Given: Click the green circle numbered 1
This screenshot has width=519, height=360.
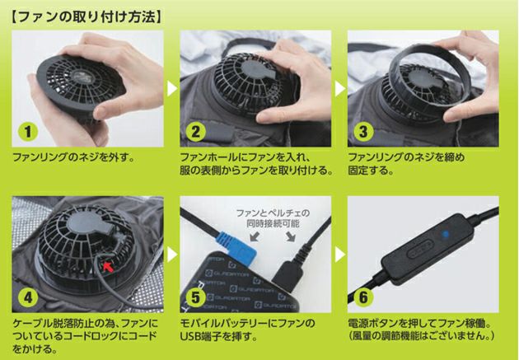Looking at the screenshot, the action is [28, 132].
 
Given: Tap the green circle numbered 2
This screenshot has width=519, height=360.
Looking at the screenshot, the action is [196, 132].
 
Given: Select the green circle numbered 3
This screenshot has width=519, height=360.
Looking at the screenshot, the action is [363, 132].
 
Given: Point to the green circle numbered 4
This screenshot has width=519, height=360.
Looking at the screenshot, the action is [28, 297].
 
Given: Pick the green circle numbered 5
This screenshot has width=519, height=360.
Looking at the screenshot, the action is [196, 297].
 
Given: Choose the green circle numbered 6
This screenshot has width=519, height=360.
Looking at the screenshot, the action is [363, 297].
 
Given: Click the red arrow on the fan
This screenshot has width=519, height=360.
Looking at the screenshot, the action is [108, 266].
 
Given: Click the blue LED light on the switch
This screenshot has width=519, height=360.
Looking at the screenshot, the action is [445, 235].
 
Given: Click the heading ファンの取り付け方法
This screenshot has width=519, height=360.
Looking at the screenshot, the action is [86, 17].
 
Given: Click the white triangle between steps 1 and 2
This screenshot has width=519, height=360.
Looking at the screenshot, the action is [171, 88].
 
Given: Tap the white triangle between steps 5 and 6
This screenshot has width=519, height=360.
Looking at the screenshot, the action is [340, 255].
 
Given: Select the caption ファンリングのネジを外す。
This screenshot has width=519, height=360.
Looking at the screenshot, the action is [74, 157].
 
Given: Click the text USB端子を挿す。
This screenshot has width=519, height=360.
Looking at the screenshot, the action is [219, 336].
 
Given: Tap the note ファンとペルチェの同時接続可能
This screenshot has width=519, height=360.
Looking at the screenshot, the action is [273, 218].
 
